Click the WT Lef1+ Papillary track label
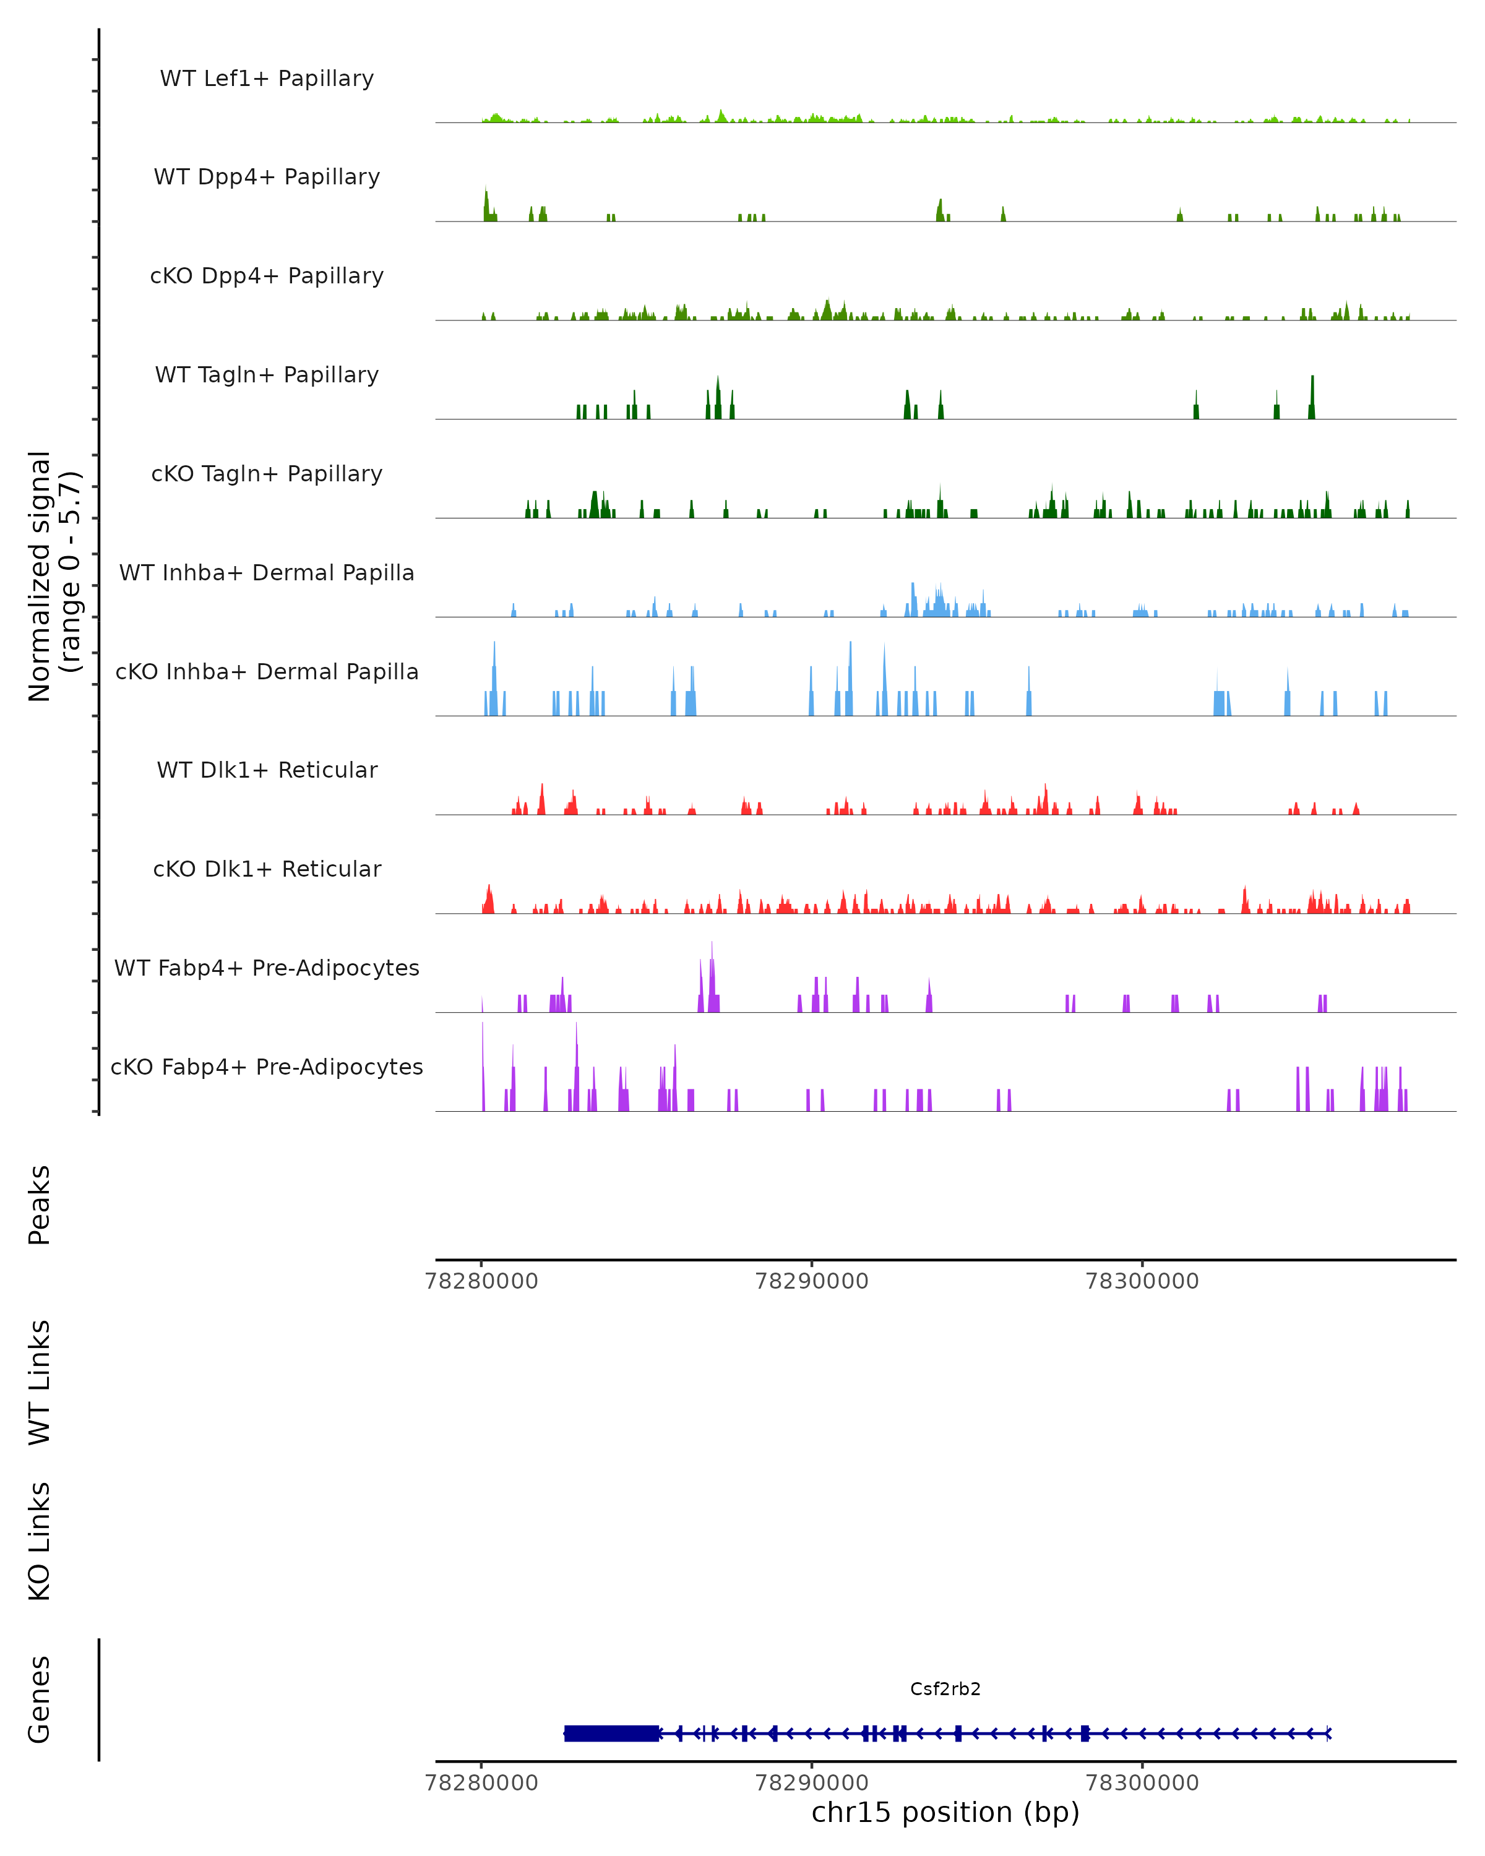[267, 79]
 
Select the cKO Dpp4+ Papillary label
[267, 277]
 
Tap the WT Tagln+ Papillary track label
[267, 376]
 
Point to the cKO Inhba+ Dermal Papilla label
[267, 672]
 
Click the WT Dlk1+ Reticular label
[267, 770]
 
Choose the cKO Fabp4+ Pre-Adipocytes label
[267, 1067]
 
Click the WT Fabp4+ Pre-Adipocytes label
[267, 968]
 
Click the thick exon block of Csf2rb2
[612, 1734]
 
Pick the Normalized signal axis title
[53, 576]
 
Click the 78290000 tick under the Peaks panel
[811, 1281]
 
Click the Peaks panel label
[40, 1205]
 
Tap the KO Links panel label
[40, 1542]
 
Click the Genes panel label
[40, 1699]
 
